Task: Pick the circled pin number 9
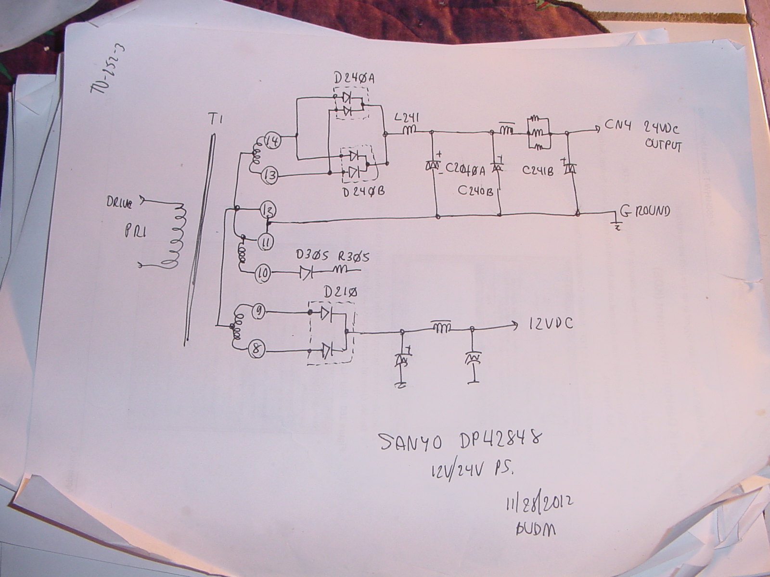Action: point(257,313)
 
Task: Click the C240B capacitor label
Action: point(476,191)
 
